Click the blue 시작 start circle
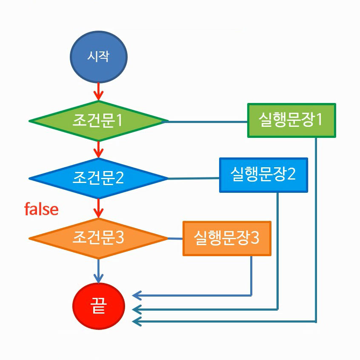(99, 57)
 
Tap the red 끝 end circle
(98, 306)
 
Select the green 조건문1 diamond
(98, 121)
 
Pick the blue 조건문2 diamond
(98, 178)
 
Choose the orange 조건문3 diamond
(98, 239)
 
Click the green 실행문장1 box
(291, 120)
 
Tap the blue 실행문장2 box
(263, 175)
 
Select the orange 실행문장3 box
(227, 238)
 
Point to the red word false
(41, 209)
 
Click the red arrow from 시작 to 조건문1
(98, 90)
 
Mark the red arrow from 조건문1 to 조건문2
(98, 149)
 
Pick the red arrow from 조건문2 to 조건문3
(98, 208)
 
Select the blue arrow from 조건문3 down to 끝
(98, 270)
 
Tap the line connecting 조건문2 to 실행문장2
(194, 179)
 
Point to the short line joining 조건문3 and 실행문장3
(175, 239)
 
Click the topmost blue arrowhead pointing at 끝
(137, 294)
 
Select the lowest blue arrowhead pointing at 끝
(137, 322)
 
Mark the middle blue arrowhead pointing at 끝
(137, 309)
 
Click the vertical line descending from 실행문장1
(316, 230)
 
